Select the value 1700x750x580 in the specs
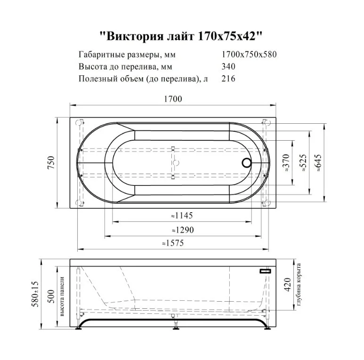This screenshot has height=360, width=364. (x=249, y=54)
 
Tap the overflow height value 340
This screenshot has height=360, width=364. (x=228, y=66)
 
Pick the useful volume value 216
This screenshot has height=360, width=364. (x=228, y=79)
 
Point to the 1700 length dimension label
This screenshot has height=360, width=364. (x=173, y=99)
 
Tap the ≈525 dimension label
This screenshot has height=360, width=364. (x=303, y=163)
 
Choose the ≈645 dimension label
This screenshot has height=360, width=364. (x=319, y=163)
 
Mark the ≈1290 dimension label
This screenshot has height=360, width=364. (x=181, y=230)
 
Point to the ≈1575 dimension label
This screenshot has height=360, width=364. (x=173, y=244)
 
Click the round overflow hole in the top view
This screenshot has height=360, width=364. (x=246, y=163)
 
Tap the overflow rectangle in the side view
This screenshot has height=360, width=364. (x=265, y=271)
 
